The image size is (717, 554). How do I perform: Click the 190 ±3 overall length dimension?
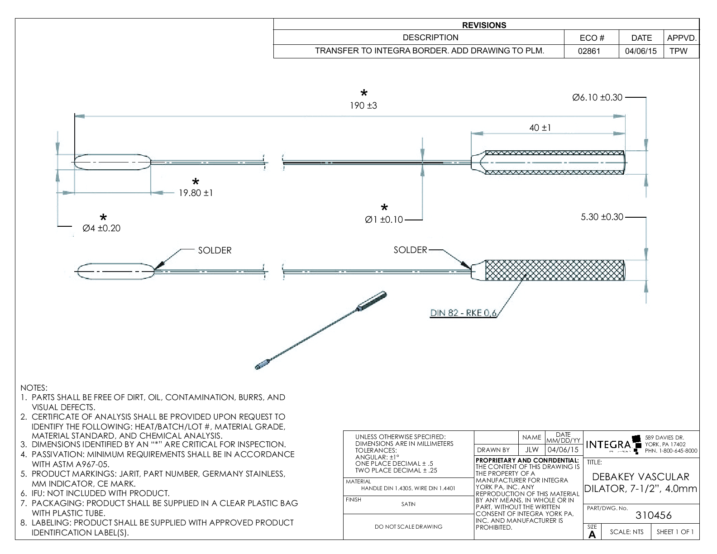pos(363,105)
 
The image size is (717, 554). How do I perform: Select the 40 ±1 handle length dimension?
pos(540,128)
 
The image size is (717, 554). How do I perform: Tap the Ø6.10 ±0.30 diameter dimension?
pos(597,97)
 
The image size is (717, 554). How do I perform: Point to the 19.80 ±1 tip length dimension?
pos(196,193)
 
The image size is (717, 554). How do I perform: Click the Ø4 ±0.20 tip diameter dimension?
pos(101,228)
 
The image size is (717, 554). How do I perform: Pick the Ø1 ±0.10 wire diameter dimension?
pos(384,220)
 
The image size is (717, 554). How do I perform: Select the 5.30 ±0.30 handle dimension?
pos(602,217)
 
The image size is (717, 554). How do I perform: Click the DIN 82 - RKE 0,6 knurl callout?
pos(463,313)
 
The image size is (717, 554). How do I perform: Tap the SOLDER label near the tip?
pos(215,250)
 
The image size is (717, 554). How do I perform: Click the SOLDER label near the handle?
pos(410,250)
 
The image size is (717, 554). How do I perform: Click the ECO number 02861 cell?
pos(589,51)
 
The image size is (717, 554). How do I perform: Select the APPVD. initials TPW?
pos(678,51)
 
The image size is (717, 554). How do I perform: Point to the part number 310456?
pos(654,515)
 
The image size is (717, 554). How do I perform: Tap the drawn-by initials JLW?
pos(531,450)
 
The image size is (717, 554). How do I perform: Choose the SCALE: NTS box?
pos(626,532)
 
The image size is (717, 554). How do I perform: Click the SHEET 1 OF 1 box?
pos(675,532)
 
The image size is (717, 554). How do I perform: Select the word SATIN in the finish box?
pos(408,504)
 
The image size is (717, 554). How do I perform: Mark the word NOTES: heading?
pos(34,388)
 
